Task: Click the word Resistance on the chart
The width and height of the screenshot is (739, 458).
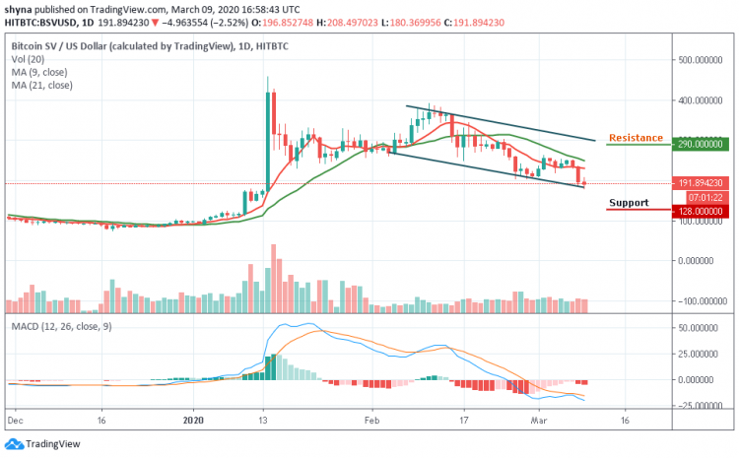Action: (x=636, y=138)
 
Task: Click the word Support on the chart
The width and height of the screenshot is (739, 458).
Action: (x=629, y=203)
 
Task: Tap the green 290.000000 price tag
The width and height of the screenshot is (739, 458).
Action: (x=701, y=144)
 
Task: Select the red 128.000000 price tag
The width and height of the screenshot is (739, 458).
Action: (x=701, y=210)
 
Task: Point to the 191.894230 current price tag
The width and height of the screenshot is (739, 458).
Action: (x=701, y=182)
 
